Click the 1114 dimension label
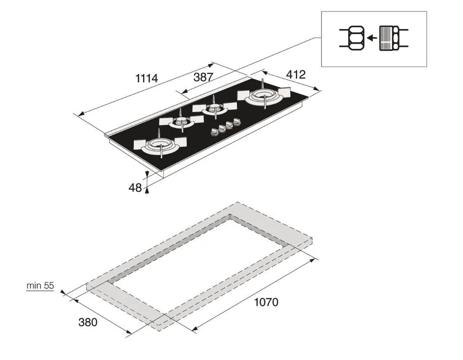click(147, 79)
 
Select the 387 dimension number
click(203, 77)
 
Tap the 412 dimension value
click(296, 74)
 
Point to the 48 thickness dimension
click(135, 188)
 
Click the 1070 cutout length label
click(266, 302)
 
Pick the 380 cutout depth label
click(88, 322)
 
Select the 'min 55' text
click(40, 286)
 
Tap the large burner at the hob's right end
click(263, 96)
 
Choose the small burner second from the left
click(182, 122)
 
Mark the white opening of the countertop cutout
click(203, 260)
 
